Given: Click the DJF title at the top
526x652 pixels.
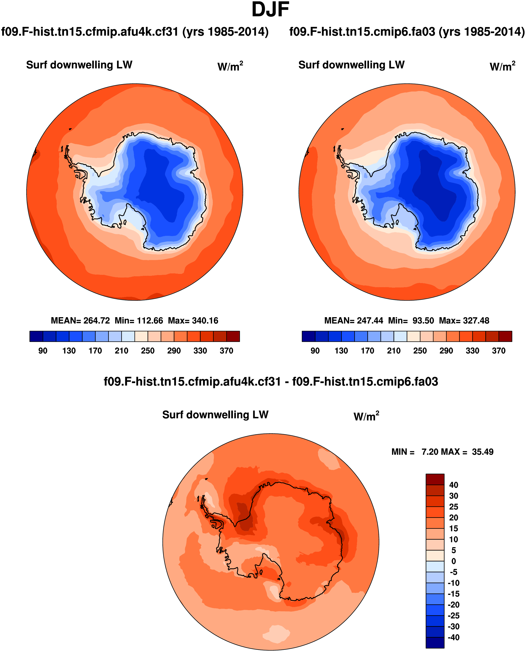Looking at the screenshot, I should [270, 10].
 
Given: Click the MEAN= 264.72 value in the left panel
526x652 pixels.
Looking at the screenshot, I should [80, 321].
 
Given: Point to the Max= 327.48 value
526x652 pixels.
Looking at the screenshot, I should [464, 321].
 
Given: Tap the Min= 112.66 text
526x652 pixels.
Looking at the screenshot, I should [139, 321].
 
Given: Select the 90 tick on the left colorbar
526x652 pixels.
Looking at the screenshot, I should [43, 351].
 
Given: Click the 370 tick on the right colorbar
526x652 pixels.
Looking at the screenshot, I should [498, 351].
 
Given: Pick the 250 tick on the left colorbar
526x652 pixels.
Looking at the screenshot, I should [148, 351].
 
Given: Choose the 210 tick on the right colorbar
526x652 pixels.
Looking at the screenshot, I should [393, 351].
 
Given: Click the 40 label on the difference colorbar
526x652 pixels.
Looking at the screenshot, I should [454, 485].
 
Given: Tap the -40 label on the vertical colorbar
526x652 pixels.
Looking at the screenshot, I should [453, 637].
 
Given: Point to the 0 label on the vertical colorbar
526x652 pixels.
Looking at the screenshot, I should [454, 561].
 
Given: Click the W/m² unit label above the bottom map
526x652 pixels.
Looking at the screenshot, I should [366, 416].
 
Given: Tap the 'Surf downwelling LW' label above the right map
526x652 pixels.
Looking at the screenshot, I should [352, 65].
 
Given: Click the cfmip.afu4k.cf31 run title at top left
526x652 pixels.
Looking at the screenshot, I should [135, 32].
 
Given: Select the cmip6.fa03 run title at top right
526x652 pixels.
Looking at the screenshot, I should [407, 32].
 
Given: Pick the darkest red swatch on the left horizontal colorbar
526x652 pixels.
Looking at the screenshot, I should [233, 336].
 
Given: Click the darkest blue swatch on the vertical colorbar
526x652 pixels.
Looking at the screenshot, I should [435, 643].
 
